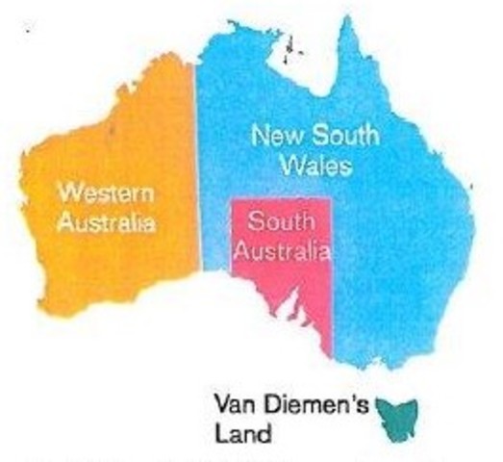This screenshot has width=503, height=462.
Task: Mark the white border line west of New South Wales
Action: [x=199, y=173]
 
